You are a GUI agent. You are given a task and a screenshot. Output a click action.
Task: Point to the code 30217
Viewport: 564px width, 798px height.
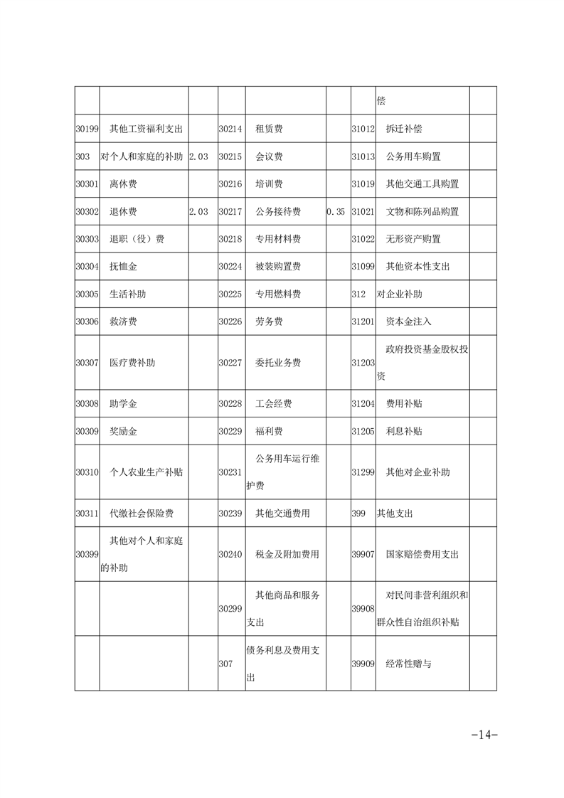pos(230,212)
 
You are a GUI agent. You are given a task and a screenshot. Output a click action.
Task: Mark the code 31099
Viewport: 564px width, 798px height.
pos(363,267)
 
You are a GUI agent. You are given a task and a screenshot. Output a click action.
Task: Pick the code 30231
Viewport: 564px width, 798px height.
pos(230,472)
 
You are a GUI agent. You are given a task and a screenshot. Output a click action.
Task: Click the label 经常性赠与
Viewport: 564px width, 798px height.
pos(408,664)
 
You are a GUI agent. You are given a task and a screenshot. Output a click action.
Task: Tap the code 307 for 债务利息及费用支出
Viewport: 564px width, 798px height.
pos(225,664)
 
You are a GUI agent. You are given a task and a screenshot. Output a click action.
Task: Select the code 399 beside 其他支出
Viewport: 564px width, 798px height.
pos(358,513)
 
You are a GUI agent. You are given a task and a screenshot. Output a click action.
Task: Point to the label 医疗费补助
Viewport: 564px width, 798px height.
pos(132,363)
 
